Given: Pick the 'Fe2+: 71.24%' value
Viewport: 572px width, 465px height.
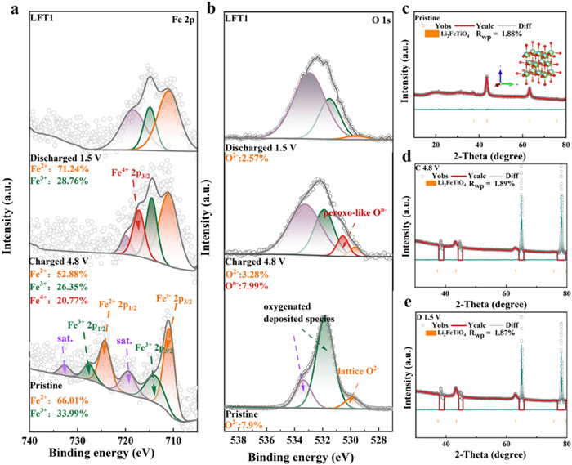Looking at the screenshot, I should [62, 156].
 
